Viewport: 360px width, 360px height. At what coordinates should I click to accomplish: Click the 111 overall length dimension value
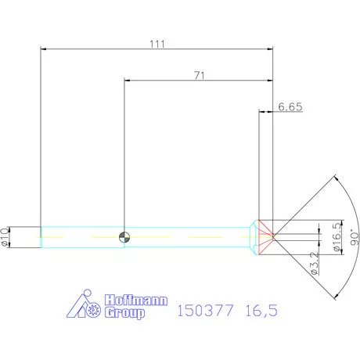157,45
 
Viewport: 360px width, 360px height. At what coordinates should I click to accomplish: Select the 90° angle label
353,237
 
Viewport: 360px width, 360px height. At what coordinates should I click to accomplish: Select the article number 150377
207,311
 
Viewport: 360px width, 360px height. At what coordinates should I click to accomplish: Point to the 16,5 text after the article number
261,311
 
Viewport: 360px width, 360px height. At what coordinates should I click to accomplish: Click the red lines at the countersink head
268,236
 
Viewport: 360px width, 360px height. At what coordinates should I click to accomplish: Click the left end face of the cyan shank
41,237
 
